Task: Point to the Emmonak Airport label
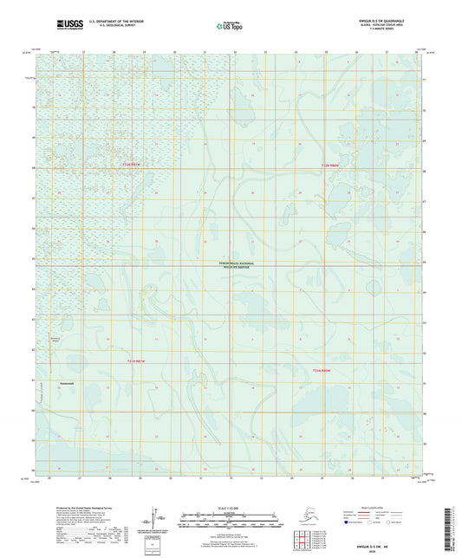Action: (56, 339)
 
